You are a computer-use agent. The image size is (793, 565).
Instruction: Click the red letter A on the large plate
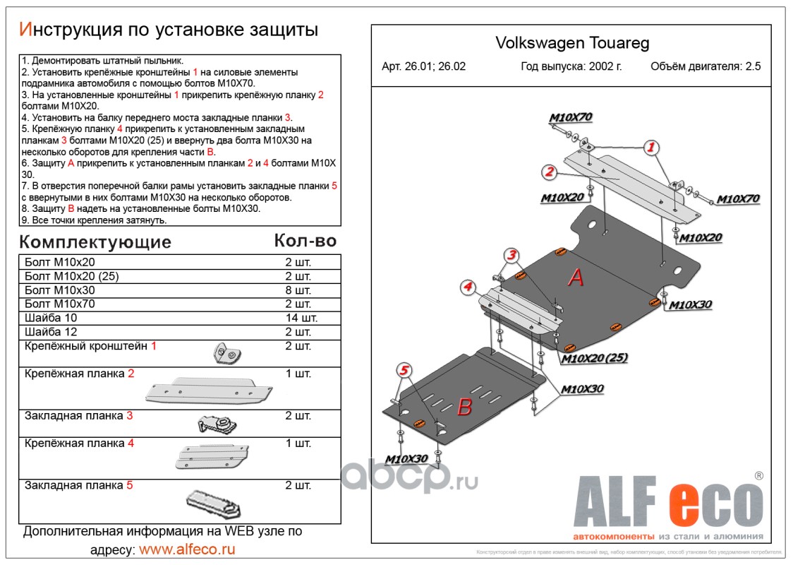point(576,278)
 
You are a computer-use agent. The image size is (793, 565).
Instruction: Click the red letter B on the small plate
point(464,407)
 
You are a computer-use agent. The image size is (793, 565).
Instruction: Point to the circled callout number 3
point(511,255)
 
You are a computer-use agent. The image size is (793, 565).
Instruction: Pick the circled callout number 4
point(467,287)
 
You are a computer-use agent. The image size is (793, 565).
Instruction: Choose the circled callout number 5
point(404,369)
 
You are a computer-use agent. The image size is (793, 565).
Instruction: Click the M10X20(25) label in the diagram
point(594,359)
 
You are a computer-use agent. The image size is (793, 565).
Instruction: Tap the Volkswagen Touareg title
point(572,43)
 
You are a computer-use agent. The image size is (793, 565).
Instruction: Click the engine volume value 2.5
point(753,67)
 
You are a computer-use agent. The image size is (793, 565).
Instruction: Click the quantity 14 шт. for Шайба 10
point(297,318)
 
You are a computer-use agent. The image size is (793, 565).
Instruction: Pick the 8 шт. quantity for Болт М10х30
point(297,290)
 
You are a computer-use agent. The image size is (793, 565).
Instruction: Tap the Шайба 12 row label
point(50,332)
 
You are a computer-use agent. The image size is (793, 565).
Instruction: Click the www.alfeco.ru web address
point(187,549)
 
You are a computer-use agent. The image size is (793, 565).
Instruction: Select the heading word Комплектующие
point(95,243)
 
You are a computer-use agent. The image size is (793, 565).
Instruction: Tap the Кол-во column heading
point(305,241)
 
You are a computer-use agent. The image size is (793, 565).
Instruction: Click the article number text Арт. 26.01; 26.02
point(423,67)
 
